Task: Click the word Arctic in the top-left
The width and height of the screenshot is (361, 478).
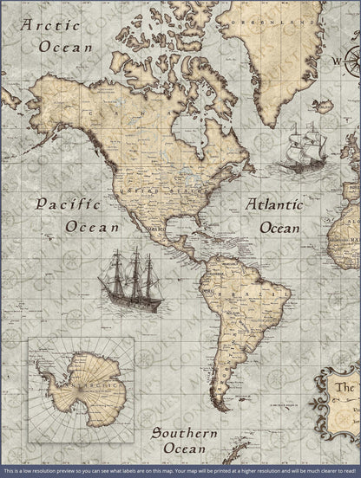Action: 49,25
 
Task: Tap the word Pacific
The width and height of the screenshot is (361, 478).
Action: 68,205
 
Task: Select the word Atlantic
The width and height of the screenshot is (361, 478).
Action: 274,205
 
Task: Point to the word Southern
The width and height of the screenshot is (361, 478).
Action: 179,432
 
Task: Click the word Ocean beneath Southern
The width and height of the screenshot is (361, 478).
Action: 179,449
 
